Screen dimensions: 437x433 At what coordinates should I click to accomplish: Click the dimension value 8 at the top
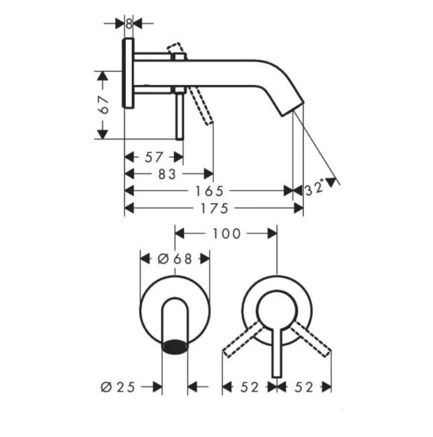pyautogui.click(x=129, y=24)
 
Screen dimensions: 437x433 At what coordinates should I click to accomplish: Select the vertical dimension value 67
pyautogui.click(x=103, y=105)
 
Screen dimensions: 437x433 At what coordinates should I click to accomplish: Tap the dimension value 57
pyautogui.click(x=154, y=157)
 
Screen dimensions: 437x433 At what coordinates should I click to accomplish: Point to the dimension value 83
pyautogui.click(x=167, y=174)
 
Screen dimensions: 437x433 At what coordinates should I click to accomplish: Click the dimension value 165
pyautogui.click(x=210, y=191)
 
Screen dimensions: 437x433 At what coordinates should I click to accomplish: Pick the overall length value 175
pyautogui.click(x=214, y=208)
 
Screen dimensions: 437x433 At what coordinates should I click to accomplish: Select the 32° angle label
pyautogui.click(x=315, y=189)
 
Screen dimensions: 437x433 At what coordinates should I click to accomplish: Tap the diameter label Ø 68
pyautogui.click(x=175, y=258)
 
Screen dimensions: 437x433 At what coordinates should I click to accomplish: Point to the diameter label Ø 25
pyautogui.click(x=118, y=387)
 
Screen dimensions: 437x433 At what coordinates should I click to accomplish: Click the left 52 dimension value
pyautogui.click(x=250, y=387)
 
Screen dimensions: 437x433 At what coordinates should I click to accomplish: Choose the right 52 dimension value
pyautogui.click(x=304, y=387)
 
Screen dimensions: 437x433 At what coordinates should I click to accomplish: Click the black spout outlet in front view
pyautogui.click(x=175, y=347)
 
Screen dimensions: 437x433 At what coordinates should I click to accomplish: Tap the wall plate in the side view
pyautogui.click(x=128, y=73)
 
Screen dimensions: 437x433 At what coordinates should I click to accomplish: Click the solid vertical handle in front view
pyautogui.click(x=276, y=349)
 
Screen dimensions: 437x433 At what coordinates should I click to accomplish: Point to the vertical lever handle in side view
pyautogui.click(x=179, y=115)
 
